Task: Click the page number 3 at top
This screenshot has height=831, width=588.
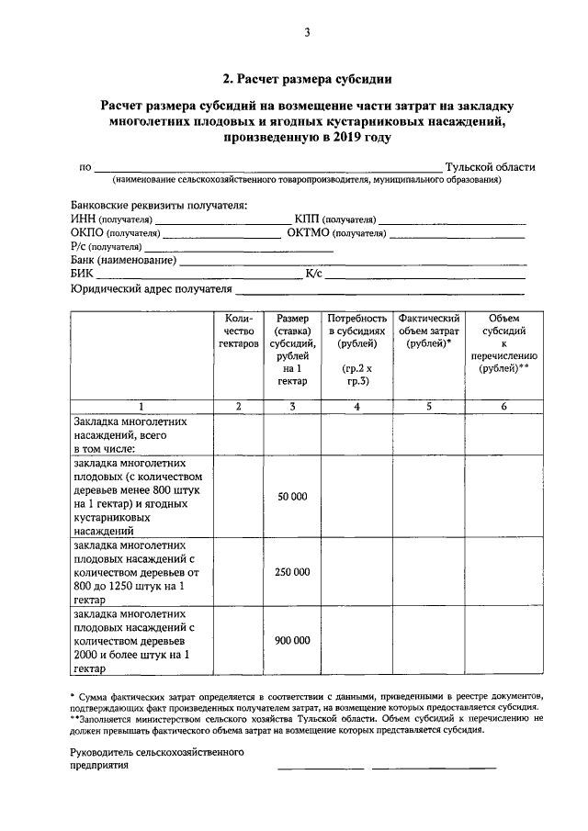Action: [308, 34]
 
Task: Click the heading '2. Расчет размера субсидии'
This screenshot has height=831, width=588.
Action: [307, 78]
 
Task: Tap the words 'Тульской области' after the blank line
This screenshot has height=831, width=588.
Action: [490, 167]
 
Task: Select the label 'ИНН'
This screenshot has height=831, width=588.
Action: [83, 220]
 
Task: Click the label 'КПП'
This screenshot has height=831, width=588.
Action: [308, 220]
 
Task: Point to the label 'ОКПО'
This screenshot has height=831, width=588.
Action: [87, 233]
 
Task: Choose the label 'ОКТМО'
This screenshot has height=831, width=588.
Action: [308, 233]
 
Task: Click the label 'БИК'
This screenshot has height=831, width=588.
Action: [82, 274]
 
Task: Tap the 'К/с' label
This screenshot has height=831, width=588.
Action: [313, 274]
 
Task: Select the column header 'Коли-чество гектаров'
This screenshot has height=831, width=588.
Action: [239, 330]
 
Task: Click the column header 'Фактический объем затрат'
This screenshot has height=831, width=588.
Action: [429, 330]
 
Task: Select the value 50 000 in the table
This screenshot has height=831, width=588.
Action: [292, 496]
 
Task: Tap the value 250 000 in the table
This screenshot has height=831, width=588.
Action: [292, 571]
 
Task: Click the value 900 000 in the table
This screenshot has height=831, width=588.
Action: [292, 640]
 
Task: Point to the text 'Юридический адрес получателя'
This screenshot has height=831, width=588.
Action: [151, 289]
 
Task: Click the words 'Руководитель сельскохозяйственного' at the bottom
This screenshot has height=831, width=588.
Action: [157, 752]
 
